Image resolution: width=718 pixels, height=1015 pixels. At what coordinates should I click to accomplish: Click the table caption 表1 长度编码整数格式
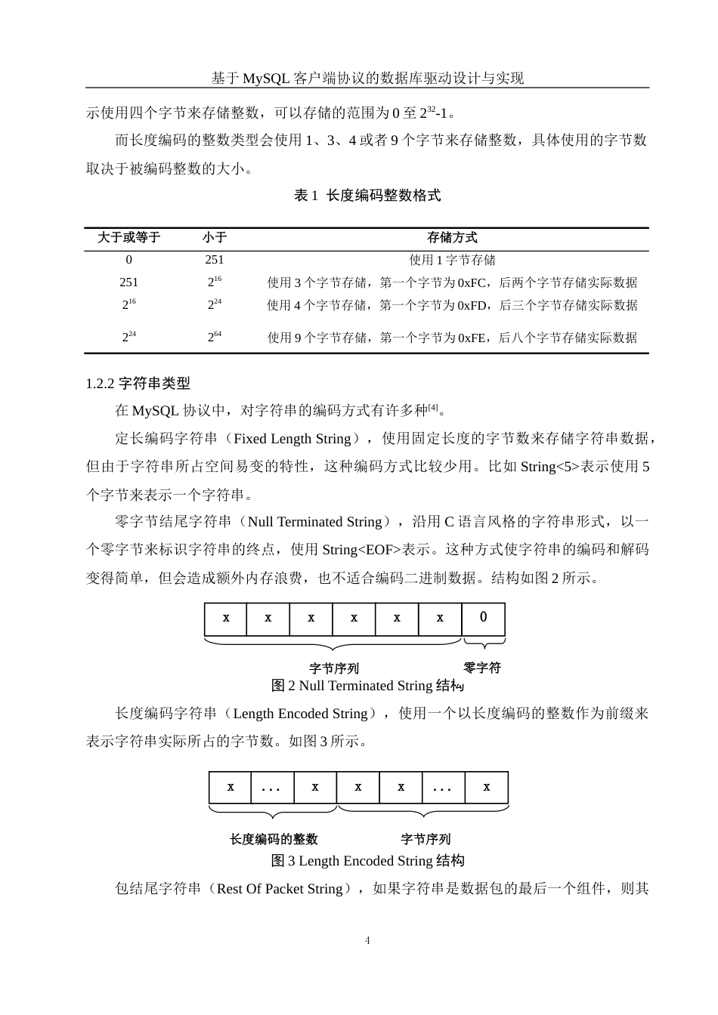[x=367, y=196]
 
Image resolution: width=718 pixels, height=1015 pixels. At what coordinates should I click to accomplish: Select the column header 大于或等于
[x=128, y=238]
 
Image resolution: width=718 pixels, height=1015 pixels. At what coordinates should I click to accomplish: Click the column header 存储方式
[x=452, y=238]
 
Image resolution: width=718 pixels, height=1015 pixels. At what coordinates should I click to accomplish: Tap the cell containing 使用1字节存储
[x=452, y=260]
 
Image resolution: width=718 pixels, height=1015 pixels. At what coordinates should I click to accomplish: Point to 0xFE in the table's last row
[x=472, y=338]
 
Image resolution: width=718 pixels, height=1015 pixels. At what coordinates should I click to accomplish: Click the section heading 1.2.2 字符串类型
[x=138, y=384]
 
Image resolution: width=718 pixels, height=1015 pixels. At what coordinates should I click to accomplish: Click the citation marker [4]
[x=433, y=409]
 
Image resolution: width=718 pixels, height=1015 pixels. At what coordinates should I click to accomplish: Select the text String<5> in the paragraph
[x=549, y=467]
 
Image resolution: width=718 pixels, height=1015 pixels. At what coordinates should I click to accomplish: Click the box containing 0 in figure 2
[x=484, y=618]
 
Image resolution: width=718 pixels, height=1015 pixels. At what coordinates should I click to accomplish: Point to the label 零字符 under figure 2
[x=482, y=668]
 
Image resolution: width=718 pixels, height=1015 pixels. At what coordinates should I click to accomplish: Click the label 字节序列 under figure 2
[x=334, y=668]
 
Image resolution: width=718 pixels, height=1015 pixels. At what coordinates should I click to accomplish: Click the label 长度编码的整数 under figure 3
[x=274, y=839]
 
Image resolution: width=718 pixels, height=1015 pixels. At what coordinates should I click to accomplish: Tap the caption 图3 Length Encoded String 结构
[x=367, y=861]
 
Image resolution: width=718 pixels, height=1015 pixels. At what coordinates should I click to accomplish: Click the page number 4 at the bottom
[x=367, y=940]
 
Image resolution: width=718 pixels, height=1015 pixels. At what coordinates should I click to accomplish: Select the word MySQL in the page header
[x=265, y=78]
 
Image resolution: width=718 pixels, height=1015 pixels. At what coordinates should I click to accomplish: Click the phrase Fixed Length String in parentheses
[x=292, y=439]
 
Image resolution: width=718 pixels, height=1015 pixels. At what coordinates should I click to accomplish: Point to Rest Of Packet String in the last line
[x=279, y=889]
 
